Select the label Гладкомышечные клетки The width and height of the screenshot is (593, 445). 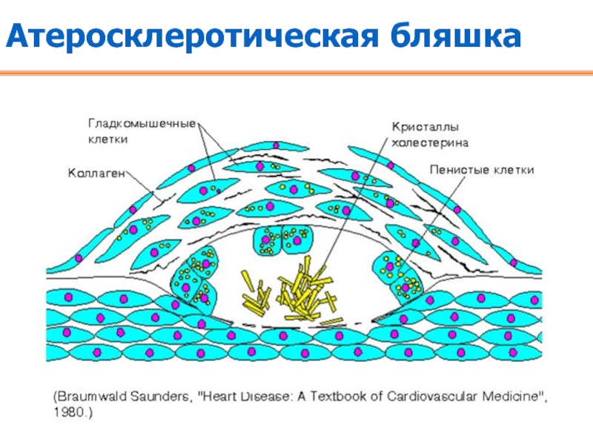tap(142, 130)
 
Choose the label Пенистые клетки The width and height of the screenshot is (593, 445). tap(482, 170)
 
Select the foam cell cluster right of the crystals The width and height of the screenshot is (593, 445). tap(400, 274)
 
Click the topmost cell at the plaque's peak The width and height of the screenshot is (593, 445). tap(254, 149)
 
